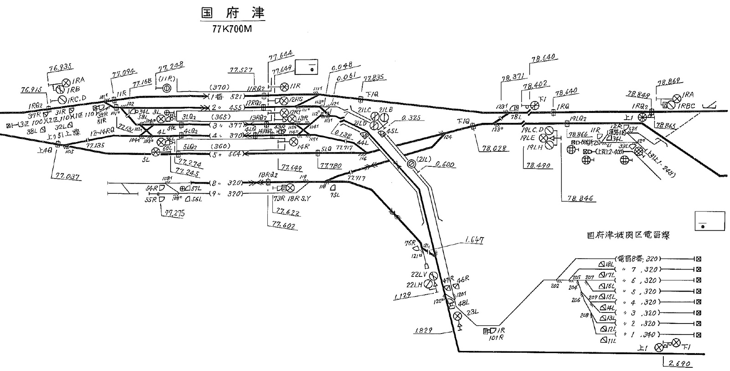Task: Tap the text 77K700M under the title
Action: click(x=232, y=29)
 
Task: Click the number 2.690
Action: click(x=680, y=364)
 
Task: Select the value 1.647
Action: click(x=474, y=240)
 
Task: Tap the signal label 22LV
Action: click(x=418, y=274)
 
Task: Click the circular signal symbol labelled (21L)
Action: click(x=411, y=163)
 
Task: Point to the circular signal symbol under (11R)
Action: click(x=167, y=88)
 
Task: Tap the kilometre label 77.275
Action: click(x=170, y=212)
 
